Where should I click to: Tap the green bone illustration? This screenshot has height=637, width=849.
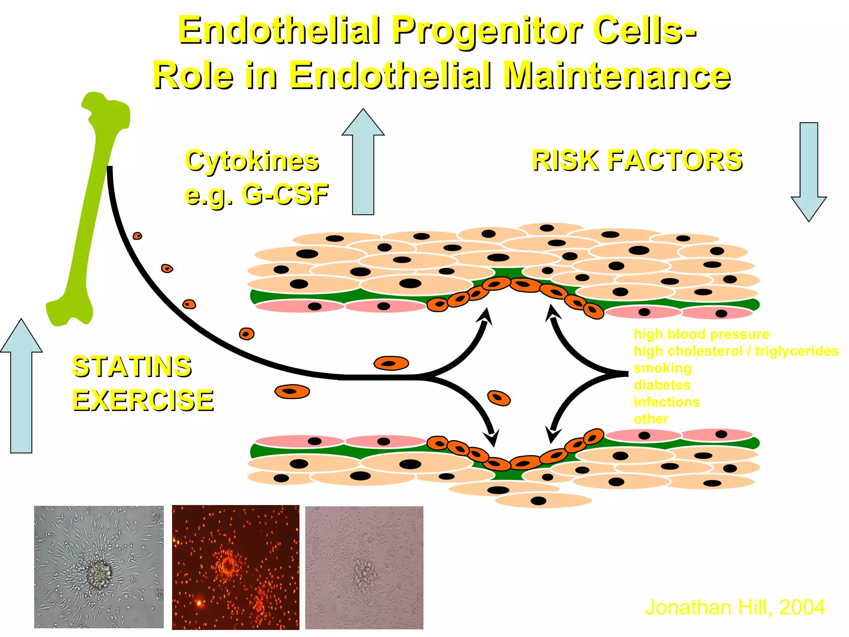(93, 207)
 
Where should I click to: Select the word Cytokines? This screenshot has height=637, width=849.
(252, 161)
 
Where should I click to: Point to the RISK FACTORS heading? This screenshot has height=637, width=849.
(637, 160)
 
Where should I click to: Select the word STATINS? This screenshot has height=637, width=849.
(132, 367)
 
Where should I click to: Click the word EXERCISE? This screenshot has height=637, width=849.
(143, 401)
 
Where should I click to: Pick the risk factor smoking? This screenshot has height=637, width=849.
(662, 368)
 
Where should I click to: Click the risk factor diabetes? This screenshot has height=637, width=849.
(662, 385)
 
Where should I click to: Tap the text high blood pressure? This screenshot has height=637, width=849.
(701, 334)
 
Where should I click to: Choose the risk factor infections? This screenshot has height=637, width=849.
(667, 402)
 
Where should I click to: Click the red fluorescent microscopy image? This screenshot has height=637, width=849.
(235, 567)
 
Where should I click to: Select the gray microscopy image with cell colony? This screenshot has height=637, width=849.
(99, 567)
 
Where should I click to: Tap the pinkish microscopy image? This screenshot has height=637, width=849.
(364, 567)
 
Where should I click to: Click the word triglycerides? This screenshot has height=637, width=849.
(796, 351)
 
